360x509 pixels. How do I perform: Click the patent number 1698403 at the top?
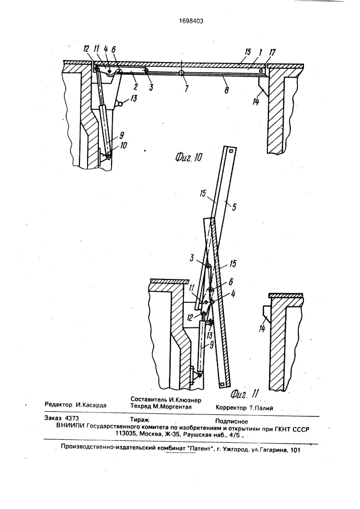click(191, 21)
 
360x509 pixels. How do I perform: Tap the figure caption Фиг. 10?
click(188, 158)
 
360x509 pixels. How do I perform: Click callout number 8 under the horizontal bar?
click(226, 89)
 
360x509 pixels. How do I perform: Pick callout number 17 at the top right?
click(273, 52)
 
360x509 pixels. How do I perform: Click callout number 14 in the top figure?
click(256, 102)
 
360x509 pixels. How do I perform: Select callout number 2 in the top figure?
click(135, 86)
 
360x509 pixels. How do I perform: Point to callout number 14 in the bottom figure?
click(262, 328)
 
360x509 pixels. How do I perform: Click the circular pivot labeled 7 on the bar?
click(181, 73)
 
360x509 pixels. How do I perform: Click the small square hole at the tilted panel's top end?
click(231, 151)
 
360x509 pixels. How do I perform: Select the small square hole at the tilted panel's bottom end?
click(222, 385)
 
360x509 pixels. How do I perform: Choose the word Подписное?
click(232, 421)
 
